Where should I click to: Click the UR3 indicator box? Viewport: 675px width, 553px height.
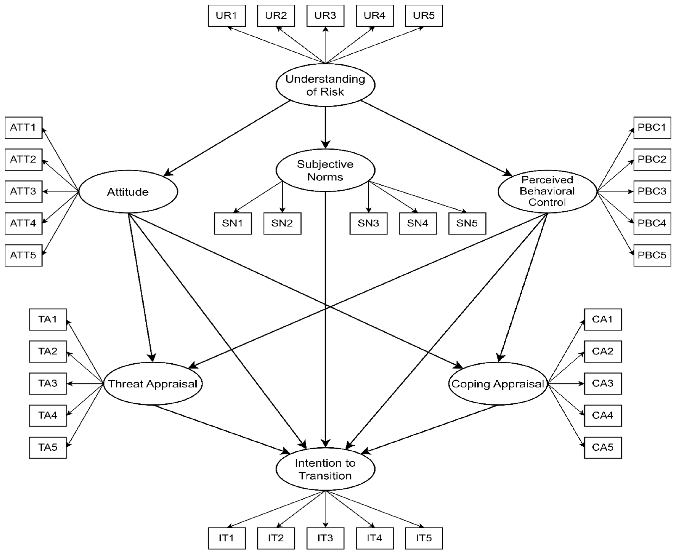pyautogui.click(x=325, y=16)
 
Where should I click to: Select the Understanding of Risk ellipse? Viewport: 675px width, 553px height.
pyautogui.click(x=325, y=85)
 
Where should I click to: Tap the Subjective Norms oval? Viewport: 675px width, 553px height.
pyautogui.click(x=325, y=170)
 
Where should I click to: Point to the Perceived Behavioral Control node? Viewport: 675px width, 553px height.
pyautogui.click(x=547, y=191)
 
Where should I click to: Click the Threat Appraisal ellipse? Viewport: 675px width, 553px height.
pyautogui.click(x=153, y=384)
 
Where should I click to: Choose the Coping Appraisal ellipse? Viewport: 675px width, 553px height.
pyautogui.click(x=498, y=384)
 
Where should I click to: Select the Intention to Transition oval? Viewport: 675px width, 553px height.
pyautogui.click(x=325, y=469)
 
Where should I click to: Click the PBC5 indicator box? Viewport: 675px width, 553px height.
pyautogui.click(x=652, y=255)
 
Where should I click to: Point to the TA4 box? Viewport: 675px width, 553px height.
pyautogui.click(x=48, y=416)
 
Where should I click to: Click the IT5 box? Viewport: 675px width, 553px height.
pyautogui.click(x=424, y=538)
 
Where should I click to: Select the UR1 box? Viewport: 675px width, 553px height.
pyautogui.click(x=227, y=16)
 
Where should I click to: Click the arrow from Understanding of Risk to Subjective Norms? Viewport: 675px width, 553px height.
pyautogui.click(x=325, y=127)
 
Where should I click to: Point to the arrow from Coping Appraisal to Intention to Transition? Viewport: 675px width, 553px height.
pyautogui.click(x=430, y=429)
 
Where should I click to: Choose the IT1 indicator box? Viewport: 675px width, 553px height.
pyautogui.click(x=227, y=538)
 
